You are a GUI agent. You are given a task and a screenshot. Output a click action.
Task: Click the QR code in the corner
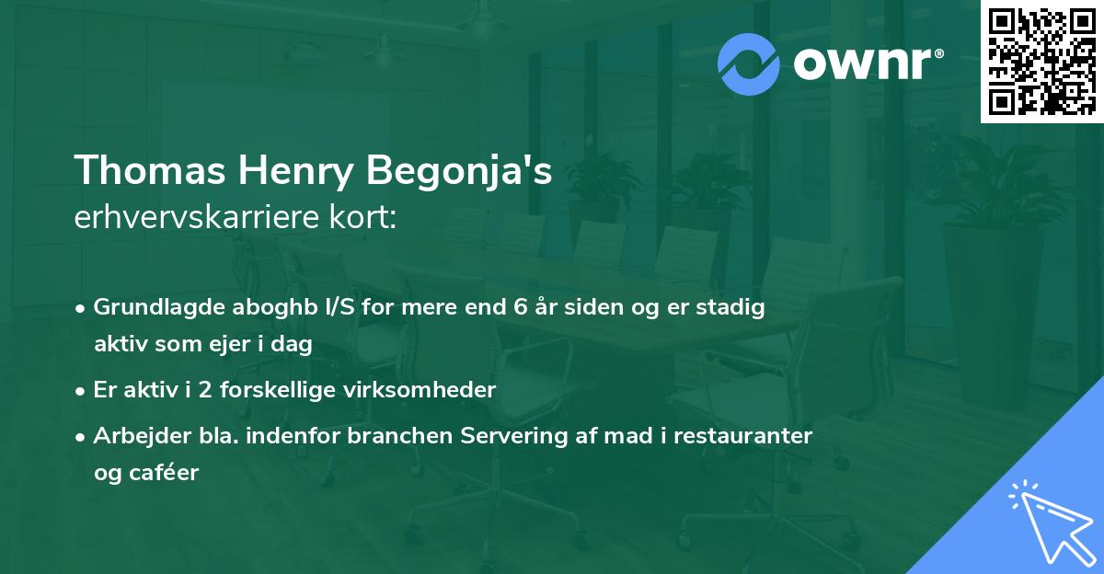pos(1041,62)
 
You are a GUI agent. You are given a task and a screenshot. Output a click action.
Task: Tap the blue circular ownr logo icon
pos(750,63)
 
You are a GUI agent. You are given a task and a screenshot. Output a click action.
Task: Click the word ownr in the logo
pos(866,63)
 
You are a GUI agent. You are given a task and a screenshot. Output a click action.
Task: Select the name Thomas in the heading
pos(148,170)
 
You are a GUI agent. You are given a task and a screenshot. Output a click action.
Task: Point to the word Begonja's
pos(459,172)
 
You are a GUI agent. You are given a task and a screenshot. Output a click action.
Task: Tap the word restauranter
pos(743,435)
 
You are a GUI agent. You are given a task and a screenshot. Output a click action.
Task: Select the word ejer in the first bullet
pos(243,345)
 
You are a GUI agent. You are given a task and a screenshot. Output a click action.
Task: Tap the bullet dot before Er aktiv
pos(82,390)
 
